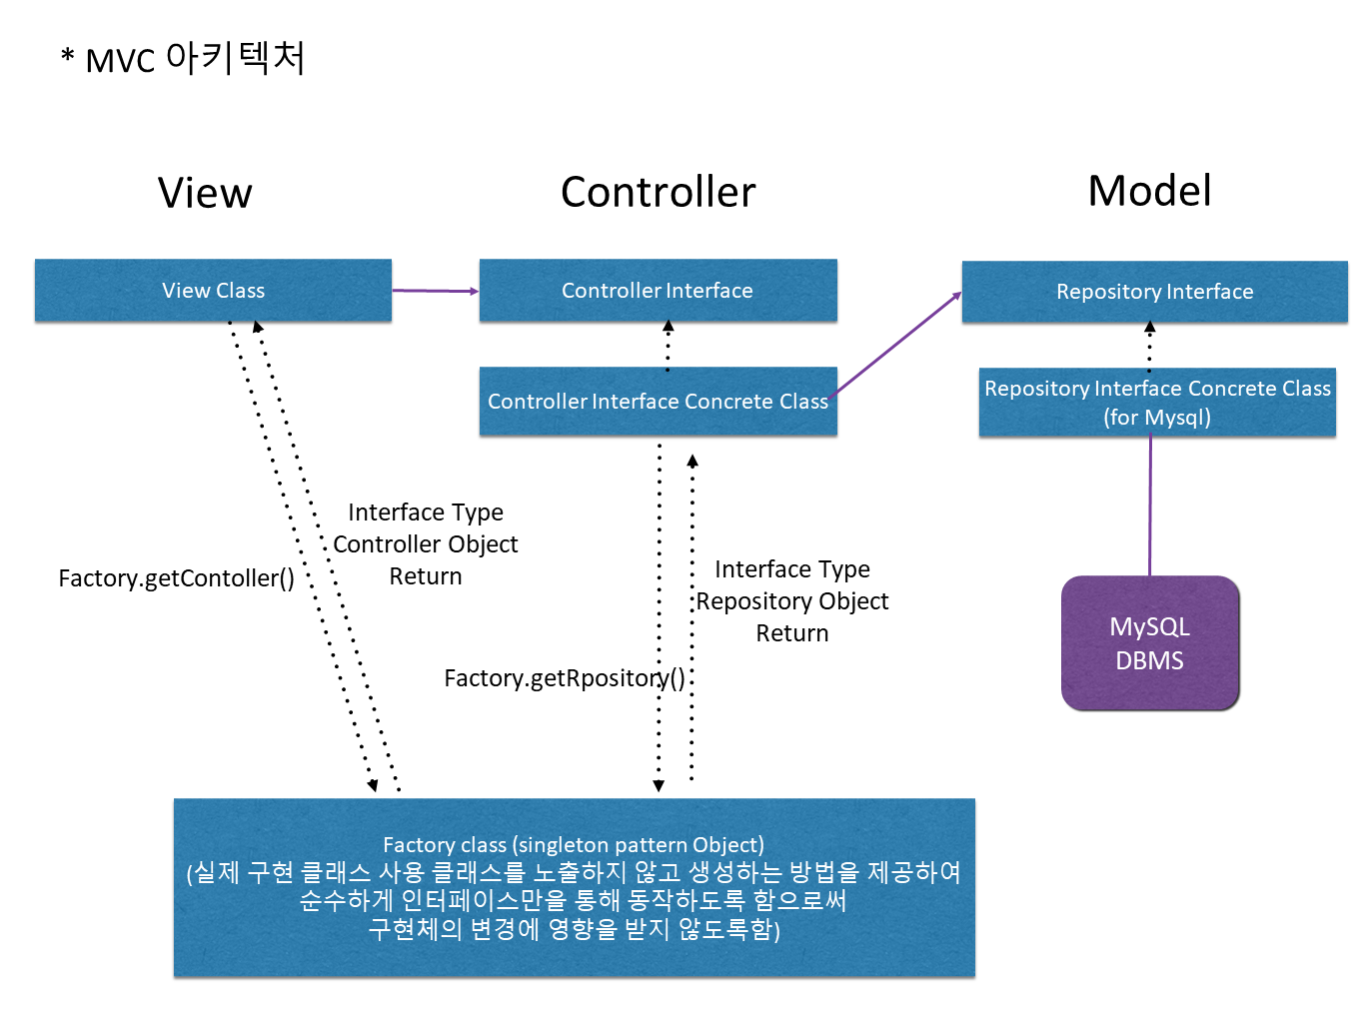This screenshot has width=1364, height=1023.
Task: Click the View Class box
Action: pyautogui.click(x=213, y=291)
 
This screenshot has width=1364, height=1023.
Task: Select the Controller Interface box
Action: pyautogui.click(x=658, y=291)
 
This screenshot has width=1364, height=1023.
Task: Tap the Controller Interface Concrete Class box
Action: pyautogui.click(x=658, y=402)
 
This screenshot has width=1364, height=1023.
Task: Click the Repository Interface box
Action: pyautogui.click(x=1154, y=292)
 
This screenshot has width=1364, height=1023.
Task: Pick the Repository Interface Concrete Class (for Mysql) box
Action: pyautogui.click(x=1157, y=403)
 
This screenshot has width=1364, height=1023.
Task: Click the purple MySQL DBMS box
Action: pyautogui.click(x=1149, y=643)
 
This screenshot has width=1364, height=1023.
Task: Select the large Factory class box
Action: pyautogui.click(x=574, y=887)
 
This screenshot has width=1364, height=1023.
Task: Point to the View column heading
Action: pyautogui.click(x=205, y=193)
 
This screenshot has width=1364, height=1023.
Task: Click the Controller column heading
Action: pyautogui.click(x=658, y=192)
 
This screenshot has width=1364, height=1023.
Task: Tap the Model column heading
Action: pyautogui.click(x=1149, y=191)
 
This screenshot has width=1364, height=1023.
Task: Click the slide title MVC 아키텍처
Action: pyautogui.click(x=184, y=59)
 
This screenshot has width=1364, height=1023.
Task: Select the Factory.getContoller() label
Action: pyautogui.click(x=176, y=578)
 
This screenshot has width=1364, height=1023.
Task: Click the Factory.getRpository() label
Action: pyautogui.click(x=565, y=678)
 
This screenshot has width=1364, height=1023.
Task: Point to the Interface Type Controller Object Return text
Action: pyautogui.click(x=426, y=544)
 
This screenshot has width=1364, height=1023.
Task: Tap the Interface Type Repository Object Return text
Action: pyautogui.click(x=792, y=601)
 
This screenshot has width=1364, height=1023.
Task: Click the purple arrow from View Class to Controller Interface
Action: pyautogui.click(x=435, y=291)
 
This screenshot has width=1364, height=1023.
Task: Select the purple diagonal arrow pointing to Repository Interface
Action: pyautogui.click(x=894, y=345)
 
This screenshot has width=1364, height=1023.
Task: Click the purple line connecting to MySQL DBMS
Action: pyautogui.click(x=1150, y=506)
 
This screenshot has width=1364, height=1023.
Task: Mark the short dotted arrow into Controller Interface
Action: pyautogui.click(x=669, y=345)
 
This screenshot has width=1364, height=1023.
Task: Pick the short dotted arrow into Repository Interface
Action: pyautogui.click(x=1150, y=346)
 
